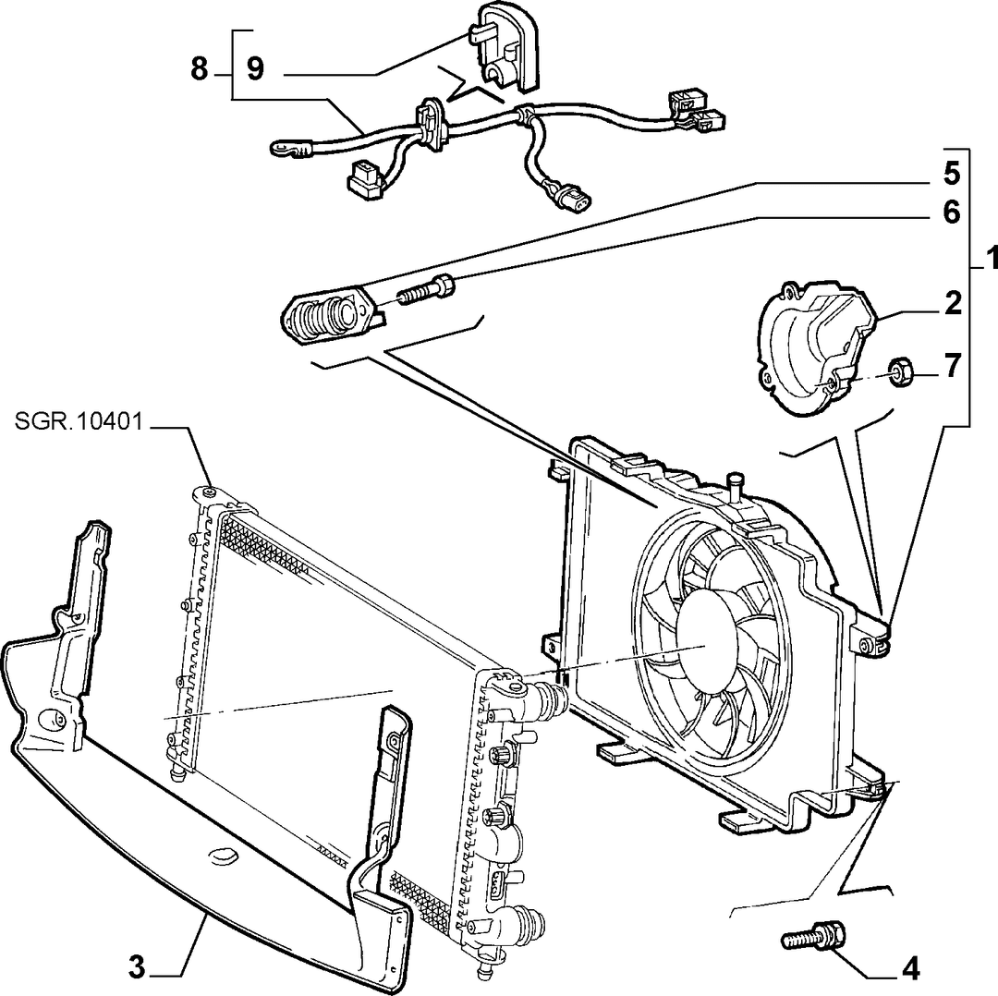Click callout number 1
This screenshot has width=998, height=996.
[991, 261]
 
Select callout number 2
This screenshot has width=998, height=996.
[953, 304]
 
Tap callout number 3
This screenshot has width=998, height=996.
[136, 968]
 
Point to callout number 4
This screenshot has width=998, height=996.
[911, 969]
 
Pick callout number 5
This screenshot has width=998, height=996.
[952, 173]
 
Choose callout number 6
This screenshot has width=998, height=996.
[952, 213]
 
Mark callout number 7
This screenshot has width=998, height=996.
[952, 366]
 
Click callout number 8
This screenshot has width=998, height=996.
[200, 68]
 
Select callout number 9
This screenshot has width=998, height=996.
[255, 68]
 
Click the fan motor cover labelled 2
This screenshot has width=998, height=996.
[814, 348]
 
